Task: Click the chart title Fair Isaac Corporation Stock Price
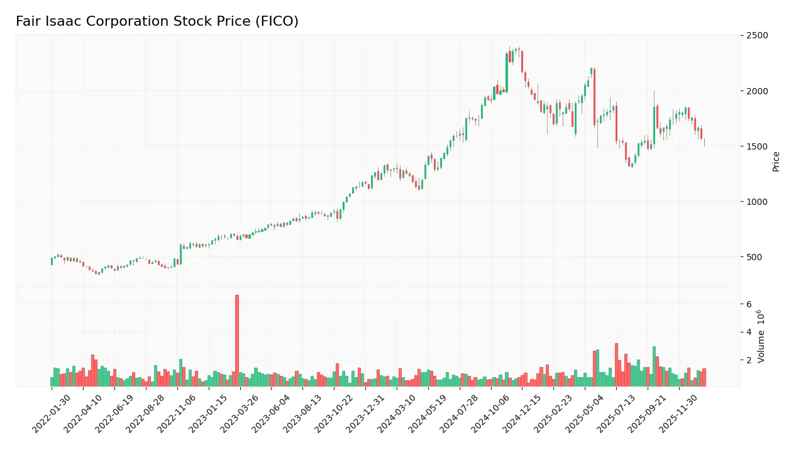pos(157,21)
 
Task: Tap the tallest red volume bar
pos(237,340)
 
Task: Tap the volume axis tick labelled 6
pos(749,304)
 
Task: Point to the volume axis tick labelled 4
pos(749,332)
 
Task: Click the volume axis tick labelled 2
pos(749,360)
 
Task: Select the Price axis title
pos(776,161)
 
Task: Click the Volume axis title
pos(761,336)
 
